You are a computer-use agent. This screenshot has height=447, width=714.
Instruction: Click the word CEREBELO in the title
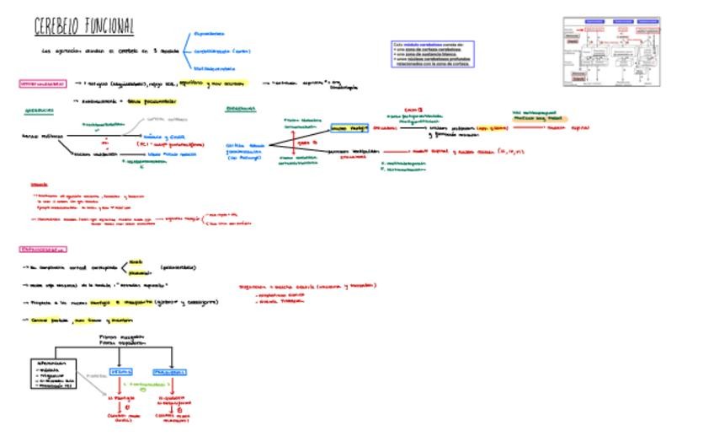point(56,27)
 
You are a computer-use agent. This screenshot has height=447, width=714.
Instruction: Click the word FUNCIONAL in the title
point(107,27)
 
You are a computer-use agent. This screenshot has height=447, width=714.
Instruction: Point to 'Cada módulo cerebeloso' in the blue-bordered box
point(414,45)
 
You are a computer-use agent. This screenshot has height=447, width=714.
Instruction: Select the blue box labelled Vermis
point(120,371)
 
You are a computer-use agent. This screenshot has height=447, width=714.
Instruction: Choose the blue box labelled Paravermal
point(170,371)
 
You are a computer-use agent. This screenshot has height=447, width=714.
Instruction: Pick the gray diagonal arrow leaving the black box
point(95,384)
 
